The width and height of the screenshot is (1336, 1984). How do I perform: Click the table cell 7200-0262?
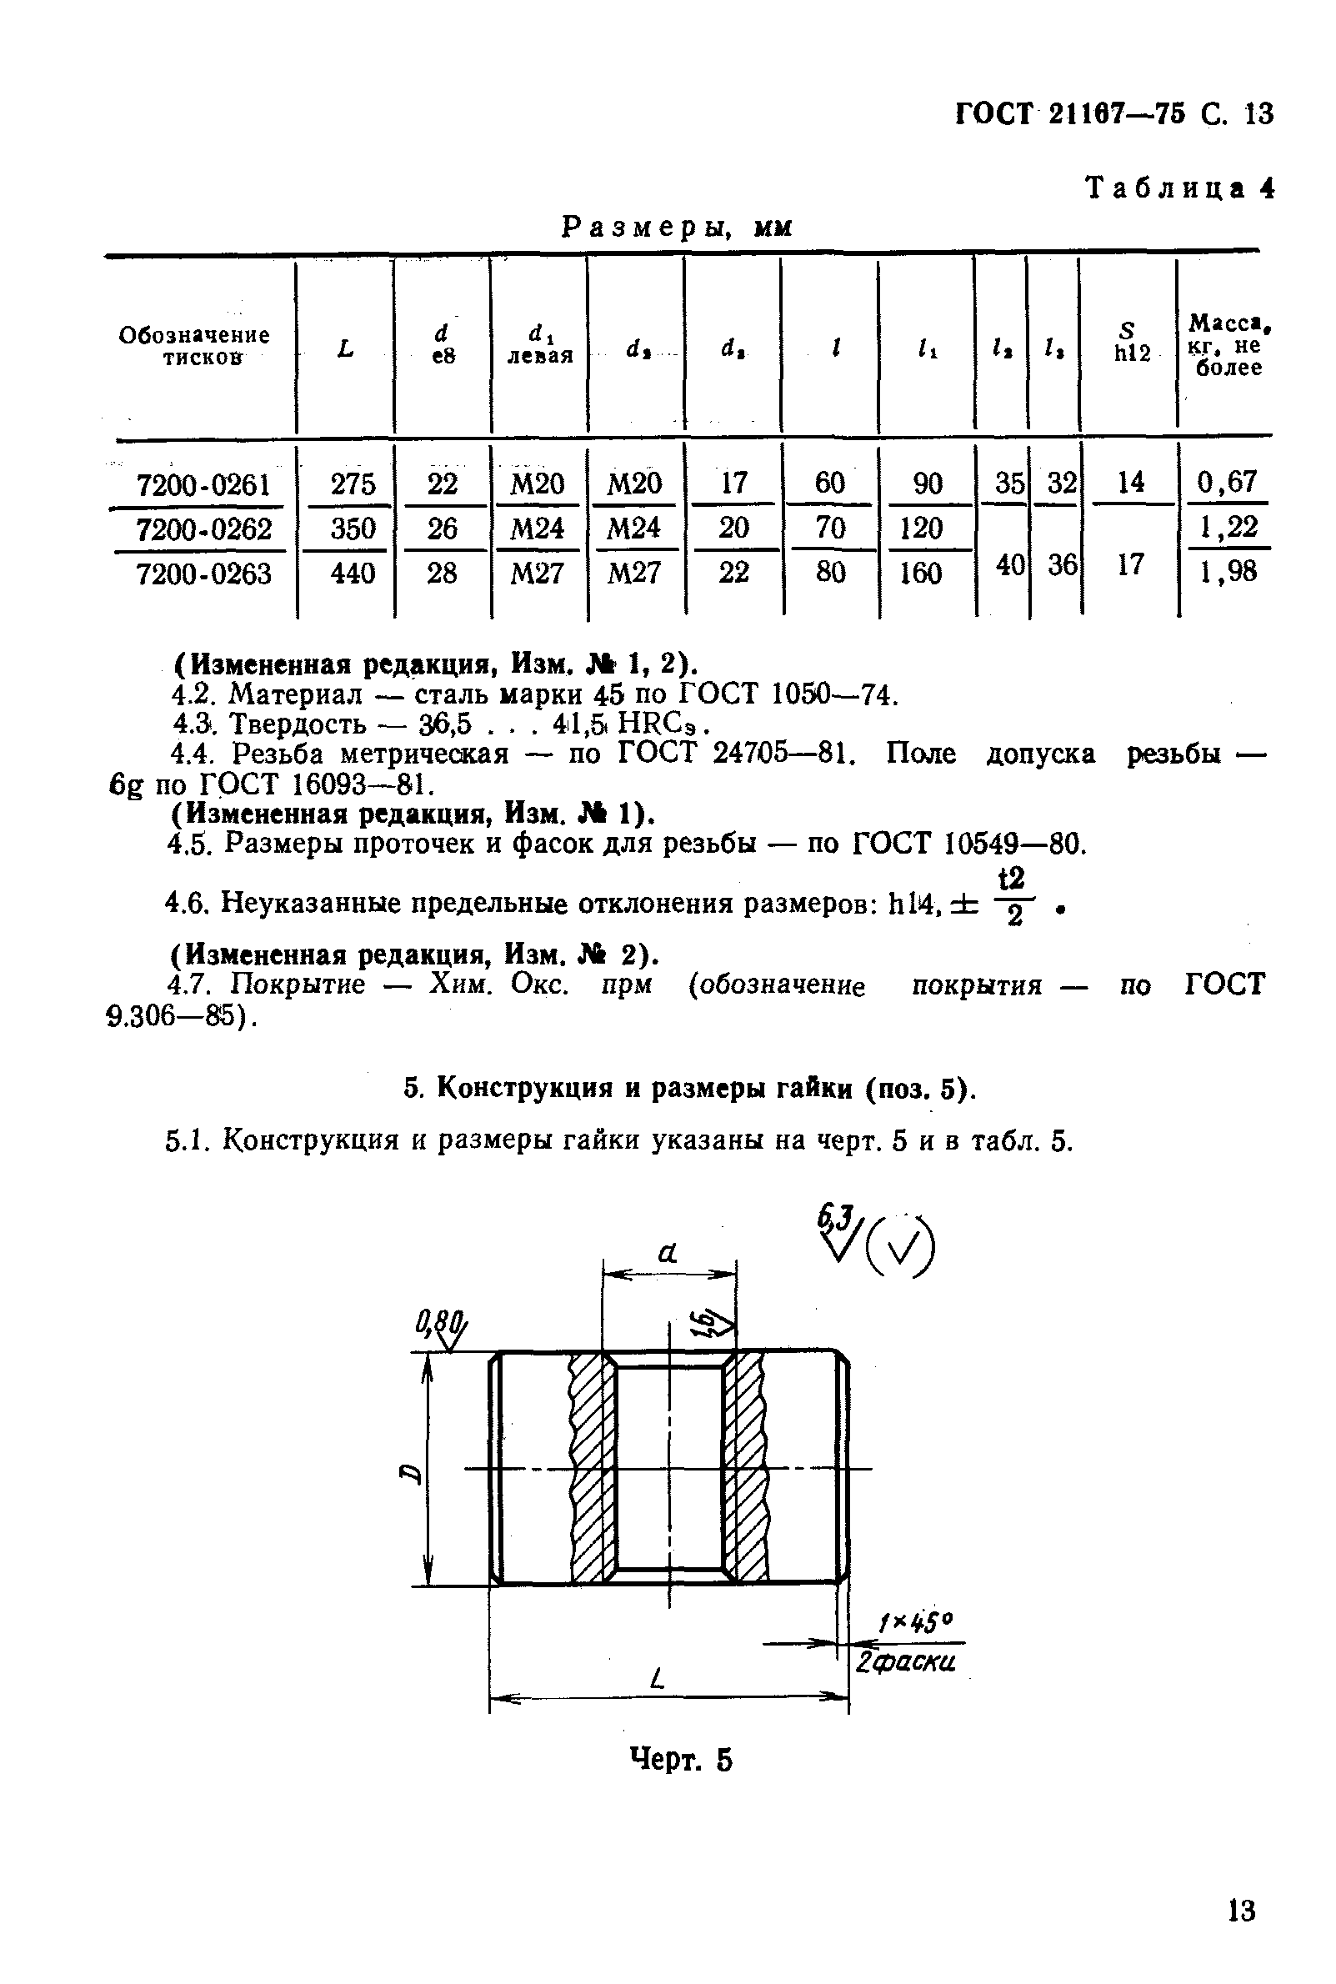pos(203,530)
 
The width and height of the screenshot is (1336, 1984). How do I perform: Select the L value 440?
pos(353,574)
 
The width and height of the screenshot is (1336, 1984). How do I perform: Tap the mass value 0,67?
pos(1227,483)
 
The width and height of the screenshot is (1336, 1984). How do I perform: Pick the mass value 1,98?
pos(1228,572)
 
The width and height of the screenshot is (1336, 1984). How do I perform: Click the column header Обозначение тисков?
pos(194,346)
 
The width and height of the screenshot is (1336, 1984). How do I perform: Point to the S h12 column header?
pos(1131,343)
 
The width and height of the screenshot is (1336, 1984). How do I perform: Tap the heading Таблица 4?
pos(1179,188)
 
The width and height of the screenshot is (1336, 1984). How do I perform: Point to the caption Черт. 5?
pos(680,1759)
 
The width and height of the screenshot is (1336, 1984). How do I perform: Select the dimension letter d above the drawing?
pos(668,1252)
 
